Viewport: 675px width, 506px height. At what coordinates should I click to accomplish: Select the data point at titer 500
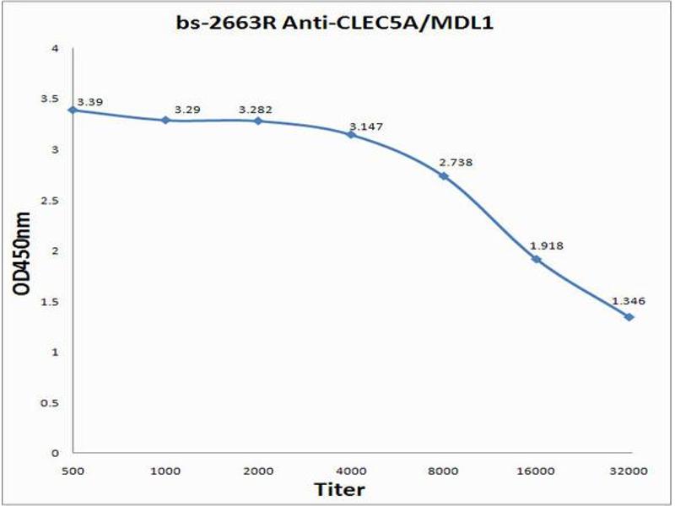point(73,110)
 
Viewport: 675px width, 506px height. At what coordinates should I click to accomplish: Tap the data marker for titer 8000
point(444,175)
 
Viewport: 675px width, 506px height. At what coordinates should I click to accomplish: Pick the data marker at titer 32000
point(629,316)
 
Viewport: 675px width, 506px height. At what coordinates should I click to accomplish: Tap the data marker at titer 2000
point(258,121)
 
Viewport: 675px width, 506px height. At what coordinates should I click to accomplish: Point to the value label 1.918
point(546,245)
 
